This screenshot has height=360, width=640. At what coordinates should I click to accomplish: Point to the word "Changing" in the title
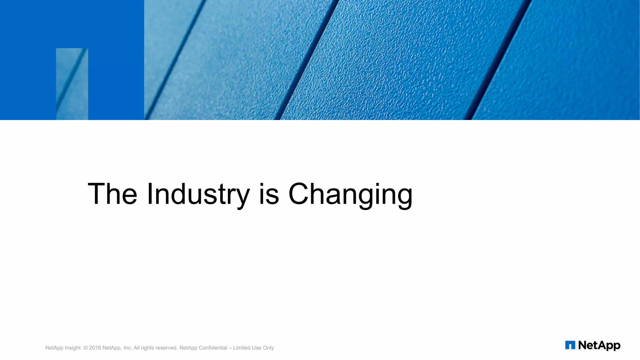(x=350, y=194)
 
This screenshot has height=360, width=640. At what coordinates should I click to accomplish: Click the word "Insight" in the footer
(x=72, y=348)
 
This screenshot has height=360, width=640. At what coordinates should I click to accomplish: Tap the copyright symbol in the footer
(x=86, y=348)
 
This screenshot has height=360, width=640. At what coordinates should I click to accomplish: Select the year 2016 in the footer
(x=95, y=348)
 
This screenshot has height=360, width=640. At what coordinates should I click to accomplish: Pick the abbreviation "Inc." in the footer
(x=127, y=348)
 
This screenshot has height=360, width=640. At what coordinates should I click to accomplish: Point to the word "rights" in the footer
(x=148, y=348)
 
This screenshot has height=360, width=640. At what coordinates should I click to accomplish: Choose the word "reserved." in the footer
(x=167, y=348)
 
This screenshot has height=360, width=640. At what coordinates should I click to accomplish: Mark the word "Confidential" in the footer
(x=213, y=348)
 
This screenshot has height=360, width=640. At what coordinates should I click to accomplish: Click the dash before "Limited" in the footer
(x=230, y=348)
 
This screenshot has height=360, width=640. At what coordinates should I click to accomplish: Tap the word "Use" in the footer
(x=257, y=348)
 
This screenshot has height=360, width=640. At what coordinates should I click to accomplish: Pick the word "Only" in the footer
(x=268, y=348)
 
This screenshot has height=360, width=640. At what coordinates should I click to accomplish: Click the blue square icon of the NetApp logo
(x=570, y=345)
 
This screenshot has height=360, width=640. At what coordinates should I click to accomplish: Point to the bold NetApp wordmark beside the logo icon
(x=599, y=345)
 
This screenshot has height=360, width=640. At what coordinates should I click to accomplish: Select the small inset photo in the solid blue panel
(x=72, y=84)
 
